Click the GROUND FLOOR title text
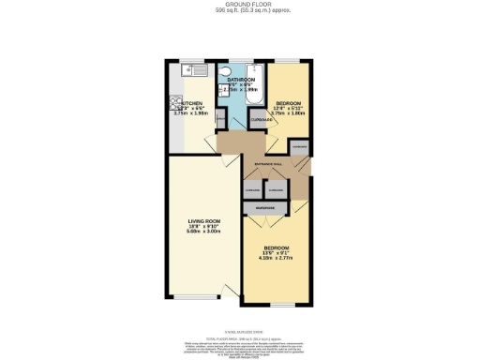pyautogui.click(x=240, y=4)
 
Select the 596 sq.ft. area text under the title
pyautogui.click(x=240, y=10)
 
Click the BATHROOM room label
pyautogui.click(x=240, y=81)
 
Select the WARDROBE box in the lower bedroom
pyautogui.click(x=265, y=207)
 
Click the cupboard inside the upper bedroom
pyautogui.click(x=260, y=120)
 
